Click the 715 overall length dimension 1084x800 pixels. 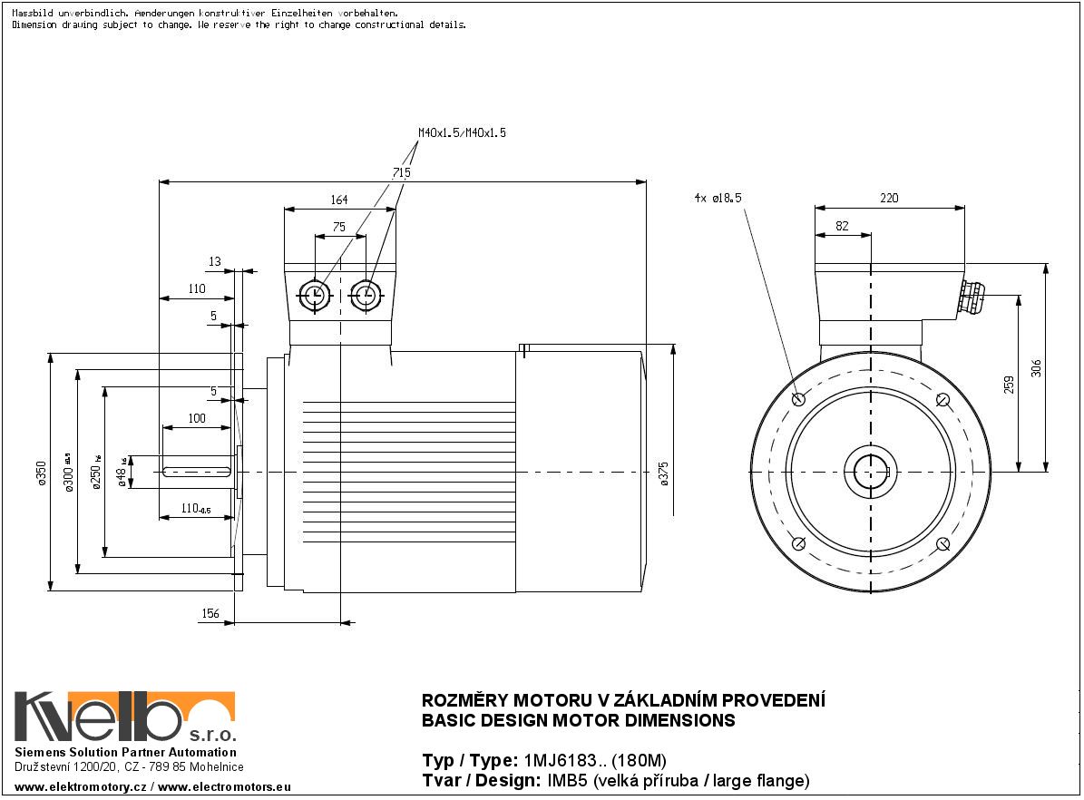402,172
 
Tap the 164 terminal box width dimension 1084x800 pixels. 338,200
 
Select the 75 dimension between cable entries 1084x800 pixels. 338,228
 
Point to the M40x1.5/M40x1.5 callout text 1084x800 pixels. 462,132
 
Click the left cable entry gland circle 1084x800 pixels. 314,295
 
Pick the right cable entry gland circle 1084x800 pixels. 366,295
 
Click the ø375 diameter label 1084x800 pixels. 664,473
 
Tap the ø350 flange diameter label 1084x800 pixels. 41,473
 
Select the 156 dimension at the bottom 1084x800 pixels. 210,614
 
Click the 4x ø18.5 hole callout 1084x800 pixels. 718,197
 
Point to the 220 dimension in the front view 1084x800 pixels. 889,199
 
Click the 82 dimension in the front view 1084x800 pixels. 842,227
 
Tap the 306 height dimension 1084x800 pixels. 1037,367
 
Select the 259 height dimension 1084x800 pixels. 1009,384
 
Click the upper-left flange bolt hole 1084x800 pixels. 798,399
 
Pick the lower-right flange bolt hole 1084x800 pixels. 943,544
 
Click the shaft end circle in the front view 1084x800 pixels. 871,472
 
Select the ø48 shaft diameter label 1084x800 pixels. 122,473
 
